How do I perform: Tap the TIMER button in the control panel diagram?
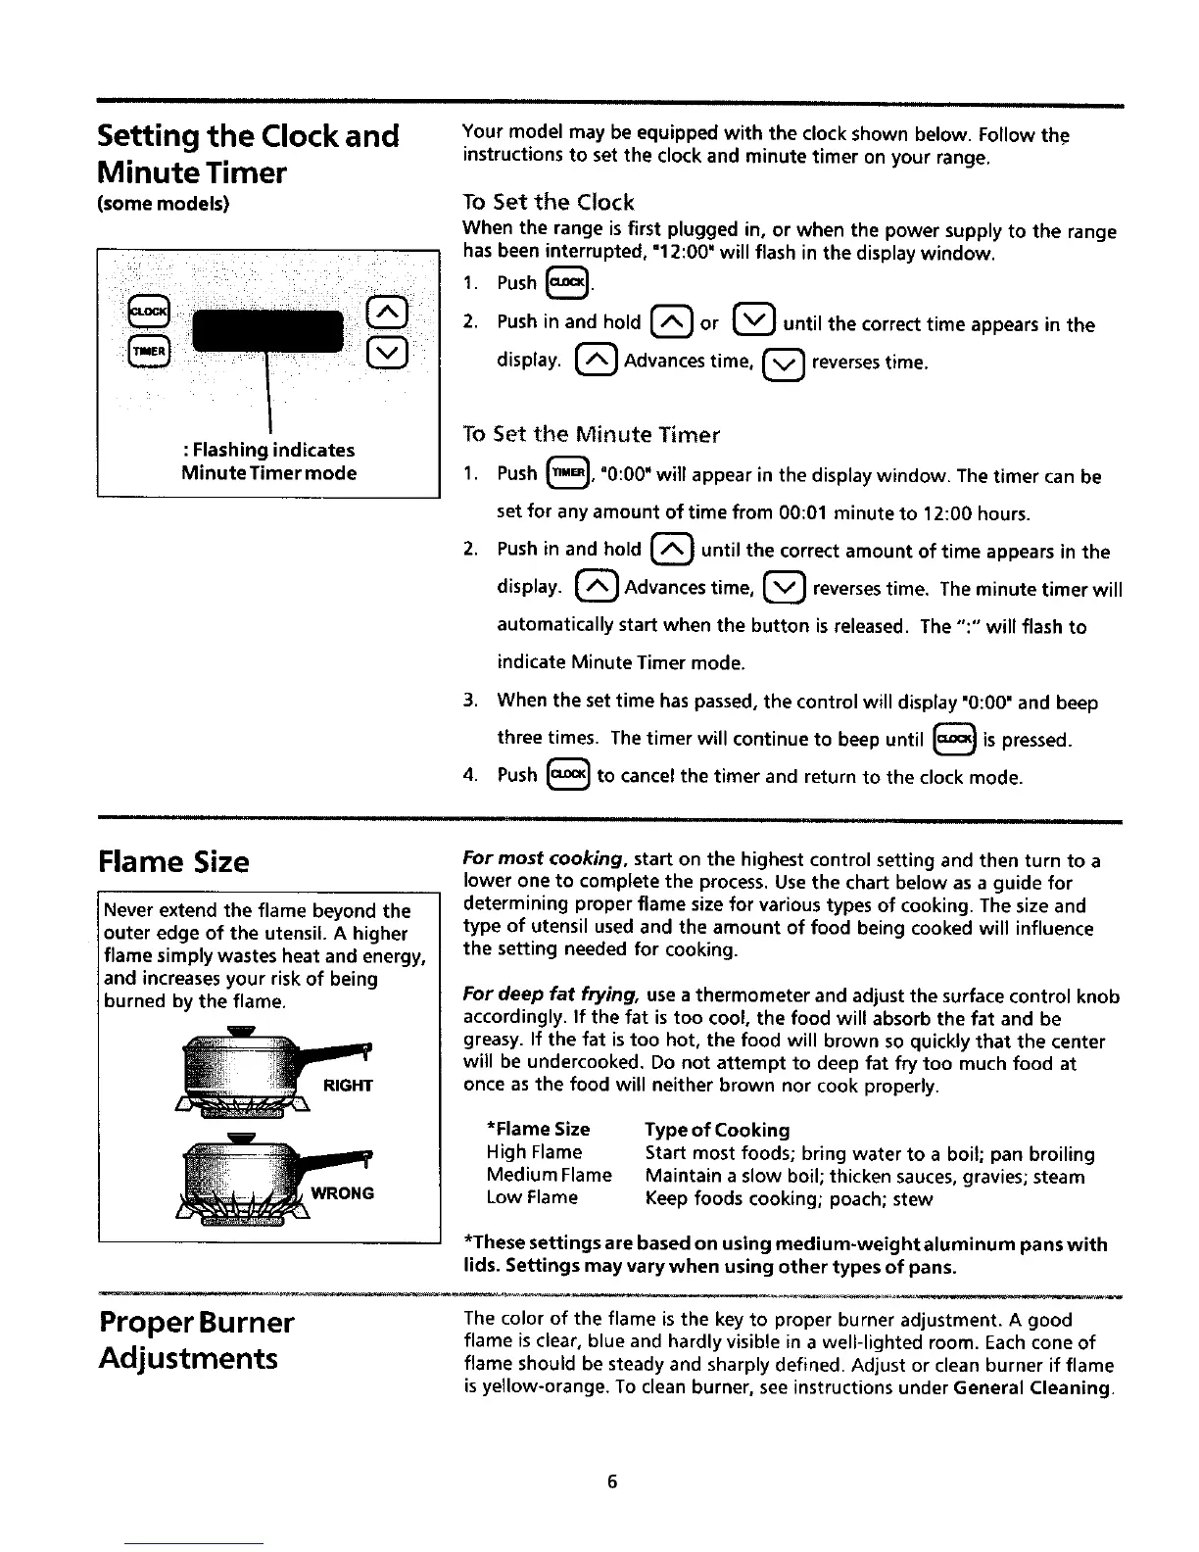[x=150, y=350]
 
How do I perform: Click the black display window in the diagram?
[x=268, y=331]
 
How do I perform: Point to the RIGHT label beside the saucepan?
[x=348, y=1085]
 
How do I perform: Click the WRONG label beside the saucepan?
[x=343, y=1193]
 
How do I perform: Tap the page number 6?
[x=612, y=1481]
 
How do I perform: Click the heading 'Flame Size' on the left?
[x=174, y=862]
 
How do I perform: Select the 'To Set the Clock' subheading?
[x=549, y=203]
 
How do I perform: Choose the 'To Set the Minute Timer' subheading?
[x=591, y=434]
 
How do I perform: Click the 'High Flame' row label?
[x=534, y=1152]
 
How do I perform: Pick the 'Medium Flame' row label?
[x=549, y=1175]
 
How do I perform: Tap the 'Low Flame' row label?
[x=532, y=1197]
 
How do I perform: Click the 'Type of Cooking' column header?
[x=717, y=1130]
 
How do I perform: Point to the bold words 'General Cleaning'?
[x=1031, y=1387]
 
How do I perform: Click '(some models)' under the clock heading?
[x=163, y=204]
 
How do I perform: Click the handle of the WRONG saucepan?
[x=338, y=1161]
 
